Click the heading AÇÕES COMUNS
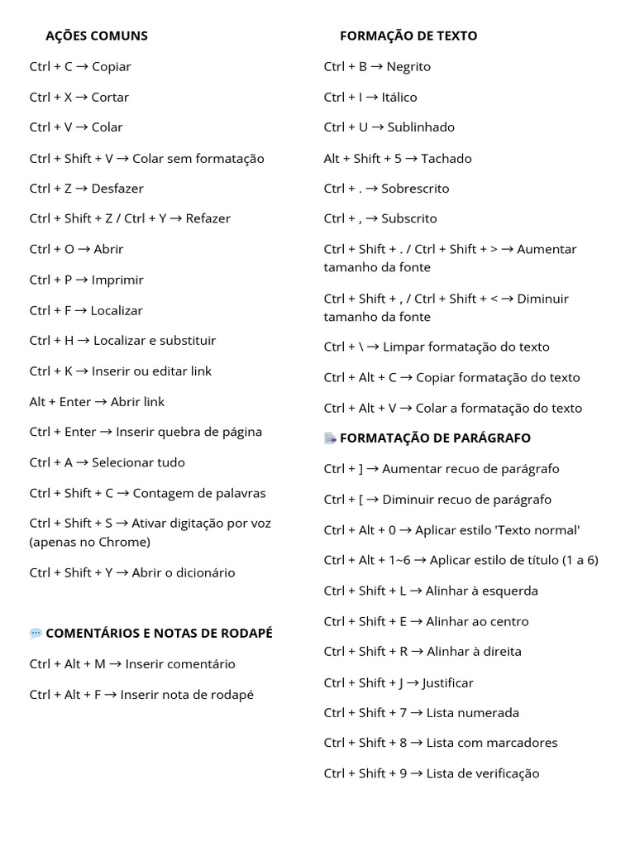tap(97, 36)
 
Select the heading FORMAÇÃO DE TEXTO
tap(408, 36)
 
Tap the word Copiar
tap(112, 66)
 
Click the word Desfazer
tap(117, 188)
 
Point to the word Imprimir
tap(117, 280)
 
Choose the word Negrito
tap(408, 66)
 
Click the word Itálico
tap(399, 97)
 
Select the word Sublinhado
tap(421, 127)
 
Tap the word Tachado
tap(446, 158)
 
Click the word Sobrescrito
tap(415, 188)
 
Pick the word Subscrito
tap(409, 218)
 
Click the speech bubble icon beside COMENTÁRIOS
tap(36, 634)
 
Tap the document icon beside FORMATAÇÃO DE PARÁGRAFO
tap(330, 438)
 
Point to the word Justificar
tap(447, 682)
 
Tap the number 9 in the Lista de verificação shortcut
tap(402, 773)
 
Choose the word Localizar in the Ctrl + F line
tap(117, 310)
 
